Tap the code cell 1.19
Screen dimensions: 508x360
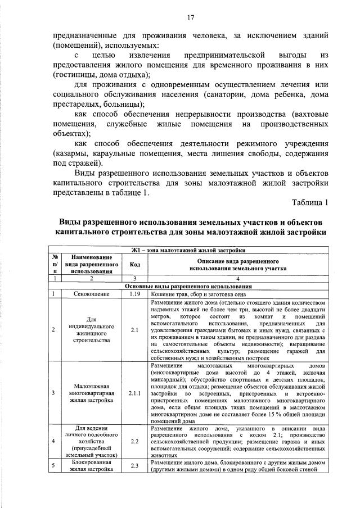134,293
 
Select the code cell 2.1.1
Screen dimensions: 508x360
134,393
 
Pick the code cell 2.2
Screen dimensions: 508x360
134,442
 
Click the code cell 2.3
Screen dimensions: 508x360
134,465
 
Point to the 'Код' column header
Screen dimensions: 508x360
134,264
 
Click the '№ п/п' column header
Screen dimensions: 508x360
55,264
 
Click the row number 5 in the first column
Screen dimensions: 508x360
54,465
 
